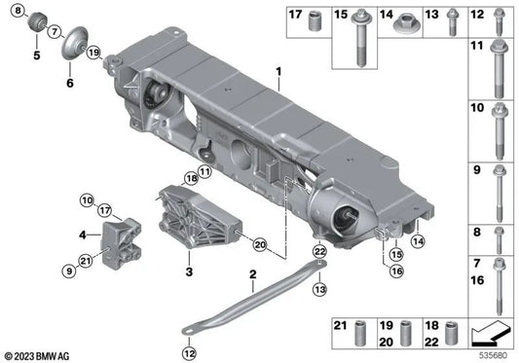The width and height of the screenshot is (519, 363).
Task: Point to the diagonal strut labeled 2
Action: pyautogui.click(x=251, y=306)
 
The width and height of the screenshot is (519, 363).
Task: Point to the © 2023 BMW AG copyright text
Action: pyautogui.click(x=40, y=355)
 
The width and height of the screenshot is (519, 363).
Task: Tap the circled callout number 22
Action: pyautogui.click(x=318, y=252)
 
